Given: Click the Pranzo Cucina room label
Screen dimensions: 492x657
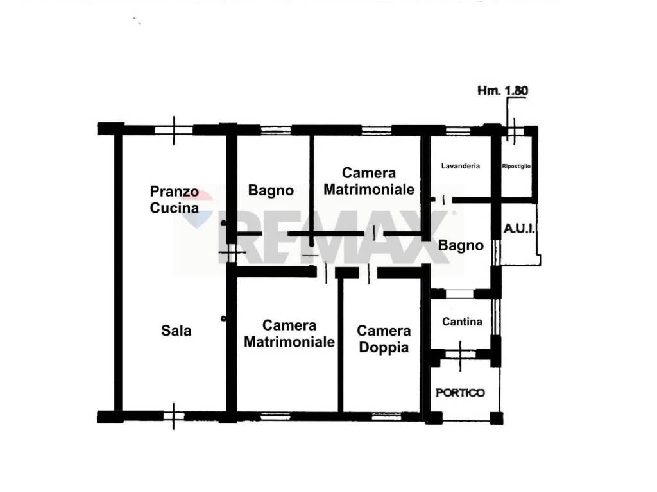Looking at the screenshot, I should (x=174, y=199).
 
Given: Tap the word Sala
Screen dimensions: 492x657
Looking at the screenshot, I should (x=176, y=331).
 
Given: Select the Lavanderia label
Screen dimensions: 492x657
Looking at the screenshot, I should (x=461, y=166).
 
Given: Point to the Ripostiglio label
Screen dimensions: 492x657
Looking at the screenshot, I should (x=516, y=167).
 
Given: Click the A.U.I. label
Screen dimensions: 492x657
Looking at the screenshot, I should (x=520, y=229).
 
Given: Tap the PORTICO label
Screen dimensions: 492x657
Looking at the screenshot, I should (x=461, y=393).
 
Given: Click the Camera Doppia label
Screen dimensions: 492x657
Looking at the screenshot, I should (x=384, y=339).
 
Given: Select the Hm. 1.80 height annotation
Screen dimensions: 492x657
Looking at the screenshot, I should (x=502, y=91).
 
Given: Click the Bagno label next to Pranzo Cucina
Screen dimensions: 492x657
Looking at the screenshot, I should (x=271, y=190).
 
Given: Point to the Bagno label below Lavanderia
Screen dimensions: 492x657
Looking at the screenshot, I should (x=460, y=245).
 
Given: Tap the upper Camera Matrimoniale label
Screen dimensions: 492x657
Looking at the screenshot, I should (x=368, y=181).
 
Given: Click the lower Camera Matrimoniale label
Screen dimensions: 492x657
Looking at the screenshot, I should (x=289, y=334).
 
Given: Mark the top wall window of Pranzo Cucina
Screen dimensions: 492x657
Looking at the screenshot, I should (x=174, y=129).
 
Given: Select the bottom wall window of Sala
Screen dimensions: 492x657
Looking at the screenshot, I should (x=173, y=416).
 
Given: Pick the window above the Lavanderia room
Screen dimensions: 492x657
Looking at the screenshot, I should (x=458, y=129).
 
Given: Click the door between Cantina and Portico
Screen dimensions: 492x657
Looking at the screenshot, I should (x=462, y=354).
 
